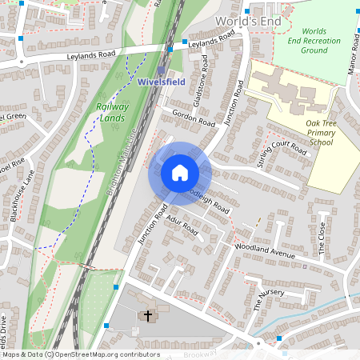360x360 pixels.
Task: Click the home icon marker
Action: coord(180,172)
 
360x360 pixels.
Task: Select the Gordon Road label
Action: coord(194,118)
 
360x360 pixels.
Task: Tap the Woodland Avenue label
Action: coord(265,250)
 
